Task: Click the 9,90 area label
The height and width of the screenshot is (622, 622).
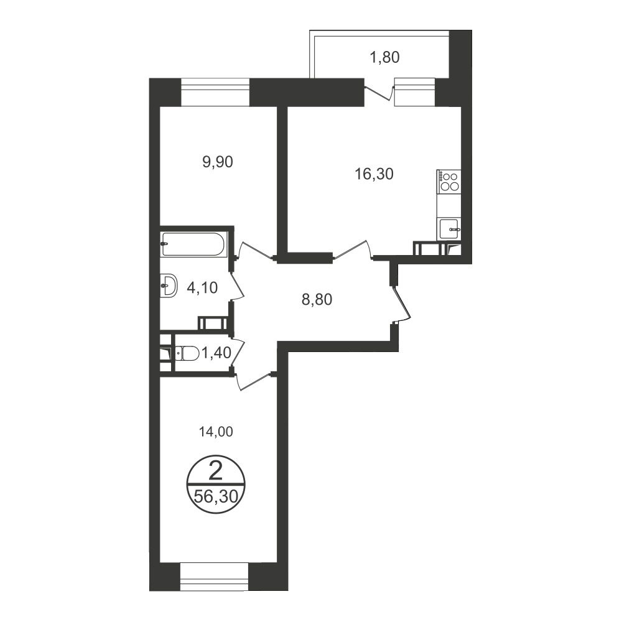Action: point(217,162)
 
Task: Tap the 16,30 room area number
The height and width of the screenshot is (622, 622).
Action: point(374,174)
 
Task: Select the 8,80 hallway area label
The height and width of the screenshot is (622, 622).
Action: point(317,300)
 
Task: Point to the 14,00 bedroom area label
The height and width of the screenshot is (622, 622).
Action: point(215,432)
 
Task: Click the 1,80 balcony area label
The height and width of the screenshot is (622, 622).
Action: point(384,57)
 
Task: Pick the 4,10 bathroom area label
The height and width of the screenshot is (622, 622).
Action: point(202,287)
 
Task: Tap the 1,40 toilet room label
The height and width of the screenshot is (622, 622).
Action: point(216,352)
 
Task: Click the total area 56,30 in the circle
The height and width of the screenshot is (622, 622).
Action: point(215,496)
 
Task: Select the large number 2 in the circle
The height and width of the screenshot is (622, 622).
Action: point(215,472)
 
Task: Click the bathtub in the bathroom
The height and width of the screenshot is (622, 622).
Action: point(193,244)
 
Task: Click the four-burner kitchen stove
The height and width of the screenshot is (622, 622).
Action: point(449,182)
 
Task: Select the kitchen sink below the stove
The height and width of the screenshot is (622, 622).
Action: point(450,228)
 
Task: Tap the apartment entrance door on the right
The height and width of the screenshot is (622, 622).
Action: point(401,304)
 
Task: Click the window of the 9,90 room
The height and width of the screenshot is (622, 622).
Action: point(215,92)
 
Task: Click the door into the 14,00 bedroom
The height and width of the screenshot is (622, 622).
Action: point(253,381)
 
